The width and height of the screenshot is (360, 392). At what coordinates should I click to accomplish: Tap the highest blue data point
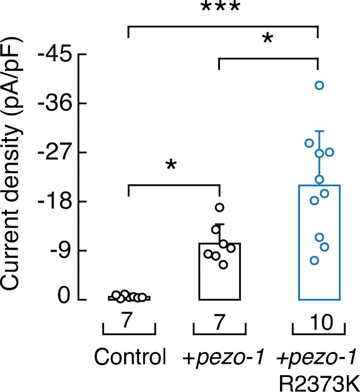(x=319, y=85)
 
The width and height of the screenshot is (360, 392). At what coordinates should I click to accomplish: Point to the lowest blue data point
(x=314, y=260)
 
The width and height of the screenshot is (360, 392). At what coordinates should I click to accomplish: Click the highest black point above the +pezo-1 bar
(x=220, y=208)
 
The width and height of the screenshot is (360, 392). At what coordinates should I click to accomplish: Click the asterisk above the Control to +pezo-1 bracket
(x=171, y=165)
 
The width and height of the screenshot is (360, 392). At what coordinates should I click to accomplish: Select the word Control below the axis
(x=130, y=357)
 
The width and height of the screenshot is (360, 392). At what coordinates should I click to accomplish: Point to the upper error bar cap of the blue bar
(x=319, y=131)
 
